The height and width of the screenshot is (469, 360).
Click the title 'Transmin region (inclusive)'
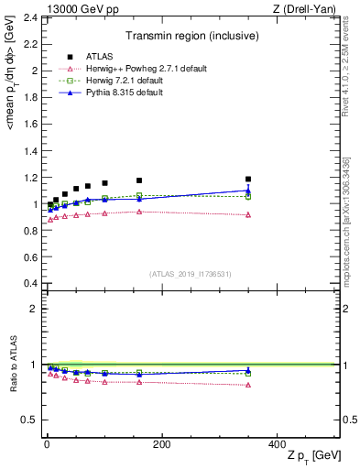191,36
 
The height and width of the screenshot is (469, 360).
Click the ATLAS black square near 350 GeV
248,179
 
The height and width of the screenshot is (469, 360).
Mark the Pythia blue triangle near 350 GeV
248,191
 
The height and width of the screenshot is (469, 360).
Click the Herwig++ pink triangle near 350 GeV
248,214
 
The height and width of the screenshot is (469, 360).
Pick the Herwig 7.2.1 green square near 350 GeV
248,196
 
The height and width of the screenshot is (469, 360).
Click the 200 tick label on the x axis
162,443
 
